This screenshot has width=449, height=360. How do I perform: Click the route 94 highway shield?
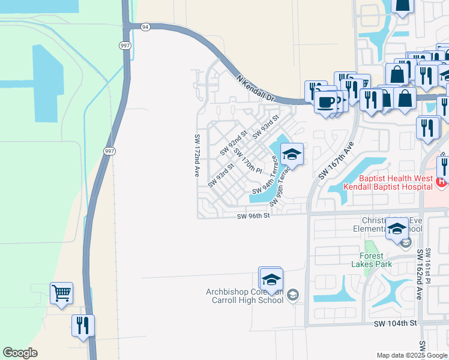tap(145, 27)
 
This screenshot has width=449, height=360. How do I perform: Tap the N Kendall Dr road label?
tap(255, 88)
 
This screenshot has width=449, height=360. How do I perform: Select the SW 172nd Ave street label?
tap(196, 155)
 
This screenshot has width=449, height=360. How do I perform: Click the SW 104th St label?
tap(395, 323)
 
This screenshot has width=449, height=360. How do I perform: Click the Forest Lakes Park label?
tap(372, 260)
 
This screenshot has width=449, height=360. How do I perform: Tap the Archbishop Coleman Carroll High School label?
tap(244, 296)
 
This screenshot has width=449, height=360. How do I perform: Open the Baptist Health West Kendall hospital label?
tap(388, 183)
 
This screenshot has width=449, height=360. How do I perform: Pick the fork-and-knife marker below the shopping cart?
tap(83, 325)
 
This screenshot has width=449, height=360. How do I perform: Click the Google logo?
tap(20, 353)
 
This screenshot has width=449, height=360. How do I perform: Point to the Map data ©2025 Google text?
tap(412, 355)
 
